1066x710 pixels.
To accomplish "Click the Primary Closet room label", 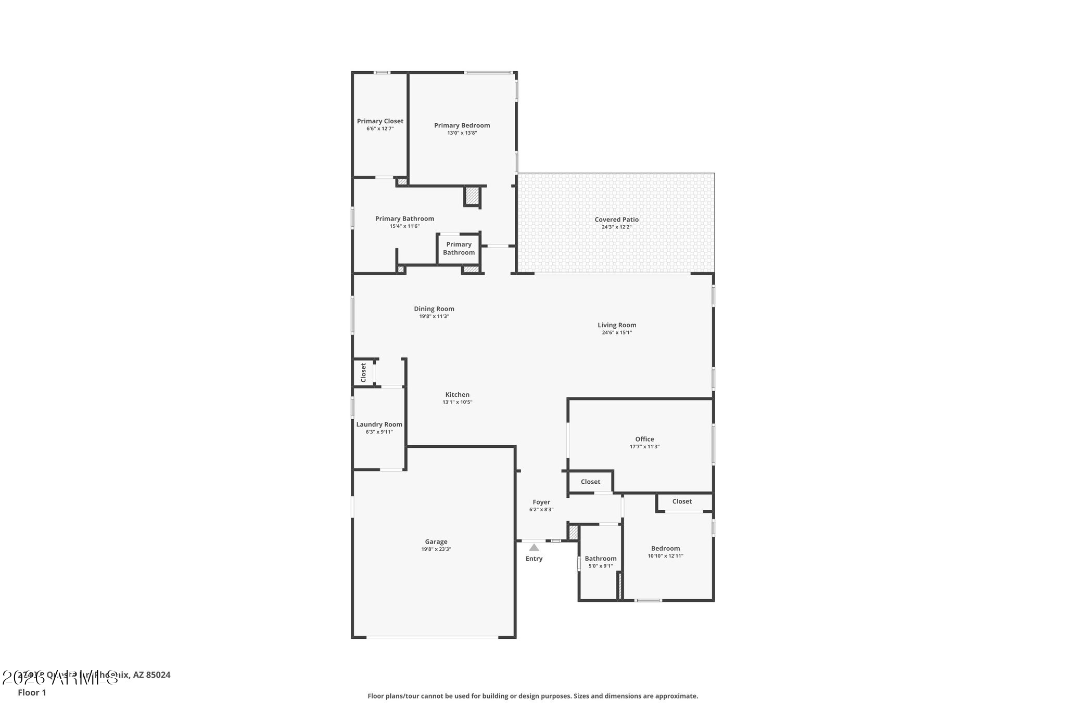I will click(380, 121).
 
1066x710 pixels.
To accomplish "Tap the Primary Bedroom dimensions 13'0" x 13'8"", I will click(462, 133).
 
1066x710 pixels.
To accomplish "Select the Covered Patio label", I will click(616, 220).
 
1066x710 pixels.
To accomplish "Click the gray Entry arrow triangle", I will click(534, 547).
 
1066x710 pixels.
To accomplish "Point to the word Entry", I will click(534, 559).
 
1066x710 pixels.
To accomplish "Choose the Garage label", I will click(436, 541).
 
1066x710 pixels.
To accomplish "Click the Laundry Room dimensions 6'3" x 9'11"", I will click(379, 432).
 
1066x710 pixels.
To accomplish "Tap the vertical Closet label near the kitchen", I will click(363, 372).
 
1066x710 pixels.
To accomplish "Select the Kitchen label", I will click(457, 395).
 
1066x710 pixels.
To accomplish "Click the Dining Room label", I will click(434, 309).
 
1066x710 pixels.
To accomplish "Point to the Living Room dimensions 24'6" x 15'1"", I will click(617, 333).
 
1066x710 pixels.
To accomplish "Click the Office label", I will click(644, 439).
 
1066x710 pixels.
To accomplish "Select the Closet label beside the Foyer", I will click(590, 482).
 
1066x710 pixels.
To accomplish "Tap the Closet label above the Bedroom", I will click(682, 501).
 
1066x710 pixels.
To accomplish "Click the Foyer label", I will click(541, 502).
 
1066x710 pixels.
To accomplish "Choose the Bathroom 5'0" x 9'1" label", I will click(600, 559).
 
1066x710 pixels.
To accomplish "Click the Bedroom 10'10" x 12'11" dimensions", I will click(665, 556).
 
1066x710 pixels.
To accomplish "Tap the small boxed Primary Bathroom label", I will click(459, 249).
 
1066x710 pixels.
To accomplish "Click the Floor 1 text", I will click(32, 693).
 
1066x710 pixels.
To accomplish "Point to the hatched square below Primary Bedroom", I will click(472, 197).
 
